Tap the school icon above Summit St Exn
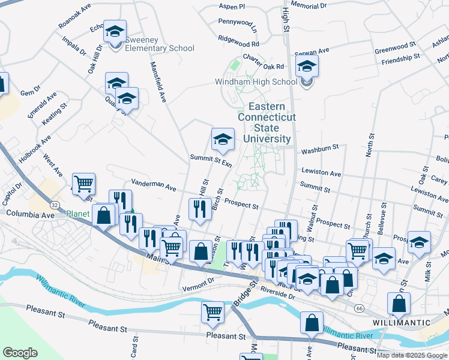(222, 140)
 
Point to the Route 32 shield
(55, 205)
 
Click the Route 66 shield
(359, 308)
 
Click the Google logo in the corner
(20, 352)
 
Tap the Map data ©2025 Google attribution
(412, 355)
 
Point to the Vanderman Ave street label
(154, 184)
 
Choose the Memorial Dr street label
(309, 5)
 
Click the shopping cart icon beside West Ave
(83, 183)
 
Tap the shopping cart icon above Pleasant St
(212, 311)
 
